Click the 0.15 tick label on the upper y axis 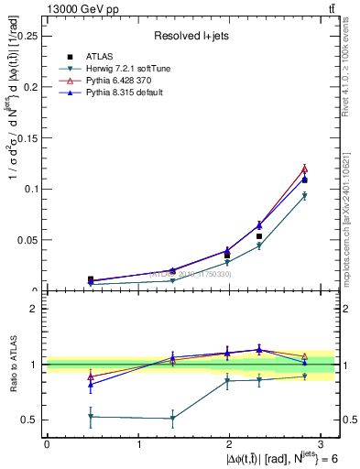click(x=27, y=137)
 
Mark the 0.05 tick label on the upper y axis click(x=27, y=240)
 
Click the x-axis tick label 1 click(x=138, y=442)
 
